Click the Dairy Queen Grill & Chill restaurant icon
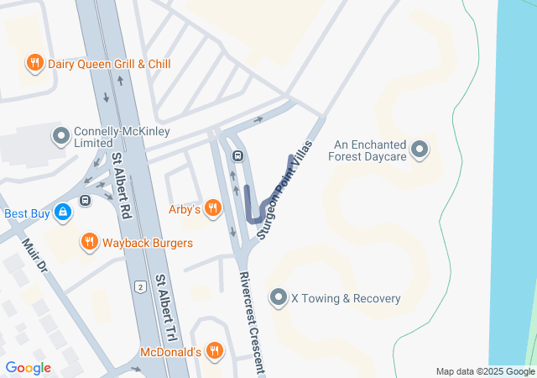coord(34,63)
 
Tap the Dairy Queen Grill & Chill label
coord(109,63)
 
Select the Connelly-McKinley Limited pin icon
coord(60,134)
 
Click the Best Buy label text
coord(27,213)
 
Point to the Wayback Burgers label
coord(148,243)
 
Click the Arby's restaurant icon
coord(213,207)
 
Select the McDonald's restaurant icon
coord(215,350)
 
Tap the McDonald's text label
coord(170,351)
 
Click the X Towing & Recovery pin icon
coord(279,297)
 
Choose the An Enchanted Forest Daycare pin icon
coord(420,150)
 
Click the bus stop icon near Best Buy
coord(85,201)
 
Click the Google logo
coord(28,367)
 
